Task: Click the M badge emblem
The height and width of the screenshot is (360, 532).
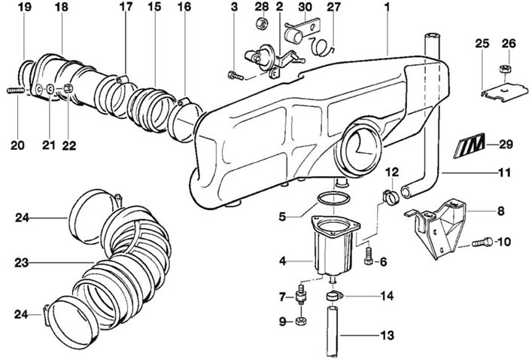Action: (470, 145)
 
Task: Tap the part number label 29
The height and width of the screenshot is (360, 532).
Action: (506, 145)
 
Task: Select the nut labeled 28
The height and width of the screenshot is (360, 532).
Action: (261, 23)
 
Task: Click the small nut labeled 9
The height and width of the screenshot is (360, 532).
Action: (300, 322)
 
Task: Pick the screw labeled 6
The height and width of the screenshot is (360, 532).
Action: (368, 256)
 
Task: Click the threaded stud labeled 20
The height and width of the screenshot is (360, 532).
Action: (16, 90)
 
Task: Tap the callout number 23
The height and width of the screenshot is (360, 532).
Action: (21, 263)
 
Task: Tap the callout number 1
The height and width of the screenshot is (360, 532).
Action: (387, 7)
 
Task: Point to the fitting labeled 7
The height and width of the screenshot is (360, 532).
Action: (300, 295)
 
